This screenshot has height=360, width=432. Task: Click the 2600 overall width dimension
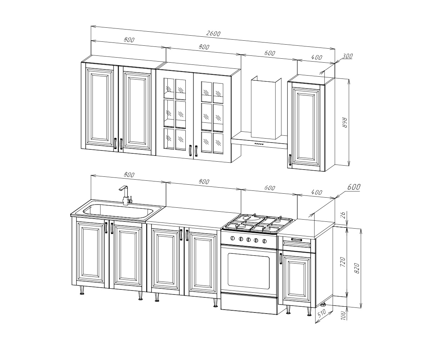213,33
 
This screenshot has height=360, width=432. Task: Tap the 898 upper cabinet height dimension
345,122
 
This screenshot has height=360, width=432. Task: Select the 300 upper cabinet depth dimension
347,56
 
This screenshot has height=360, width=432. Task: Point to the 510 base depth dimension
322,314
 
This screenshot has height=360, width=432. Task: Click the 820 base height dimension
357,268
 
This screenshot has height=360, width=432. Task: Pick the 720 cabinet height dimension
343,262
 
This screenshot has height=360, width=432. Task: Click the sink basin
118,211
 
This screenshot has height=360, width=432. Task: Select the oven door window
249,271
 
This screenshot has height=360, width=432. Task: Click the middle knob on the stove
248,240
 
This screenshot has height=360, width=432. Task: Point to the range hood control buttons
258,144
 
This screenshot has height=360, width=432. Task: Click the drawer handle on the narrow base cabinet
297,240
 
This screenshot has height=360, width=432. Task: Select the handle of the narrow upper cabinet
290,159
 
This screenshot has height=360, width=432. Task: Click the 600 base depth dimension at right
354,187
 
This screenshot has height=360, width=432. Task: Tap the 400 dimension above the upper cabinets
316,57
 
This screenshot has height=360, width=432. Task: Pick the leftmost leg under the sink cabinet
82,291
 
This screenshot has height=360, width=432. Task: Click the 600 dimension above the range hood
270,53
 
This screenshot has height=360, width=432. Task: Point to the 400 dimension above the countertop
316,192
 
